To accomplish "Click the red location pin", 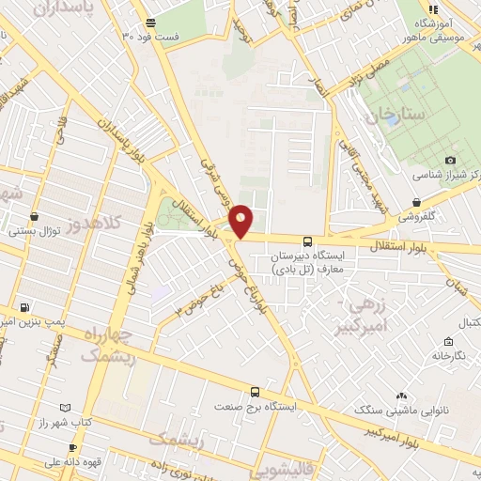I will pyautogui.click(x=240, y=220).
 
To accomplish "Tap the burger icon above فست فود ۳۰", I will pyautogui.click(x=152, y=23).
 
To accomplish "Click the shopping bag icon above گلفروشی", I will pyautogui.click(x=416, y=200).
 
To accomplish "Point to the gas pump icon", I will pyautogui.click(x=24, y=306).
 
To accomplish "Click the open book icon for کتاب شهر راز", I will pyautogui.click(x=65, y=408).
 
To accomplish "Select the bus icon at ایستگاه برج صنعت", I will pyautogui.click(x=255, y=393).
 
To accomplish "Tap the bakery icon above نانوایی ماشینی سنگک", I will pyautogui.click(x=403, y=396).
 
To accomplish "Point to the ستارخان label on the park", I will pyautogui.click(x=397, y=114).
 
